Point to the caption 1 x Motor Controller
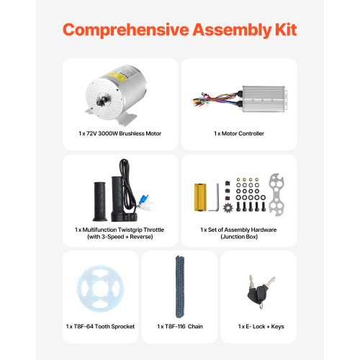pos(239,133)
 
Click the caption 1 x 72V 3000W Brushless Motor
pos(120,133)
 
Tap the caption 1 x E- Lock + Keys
pos(261,326)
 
